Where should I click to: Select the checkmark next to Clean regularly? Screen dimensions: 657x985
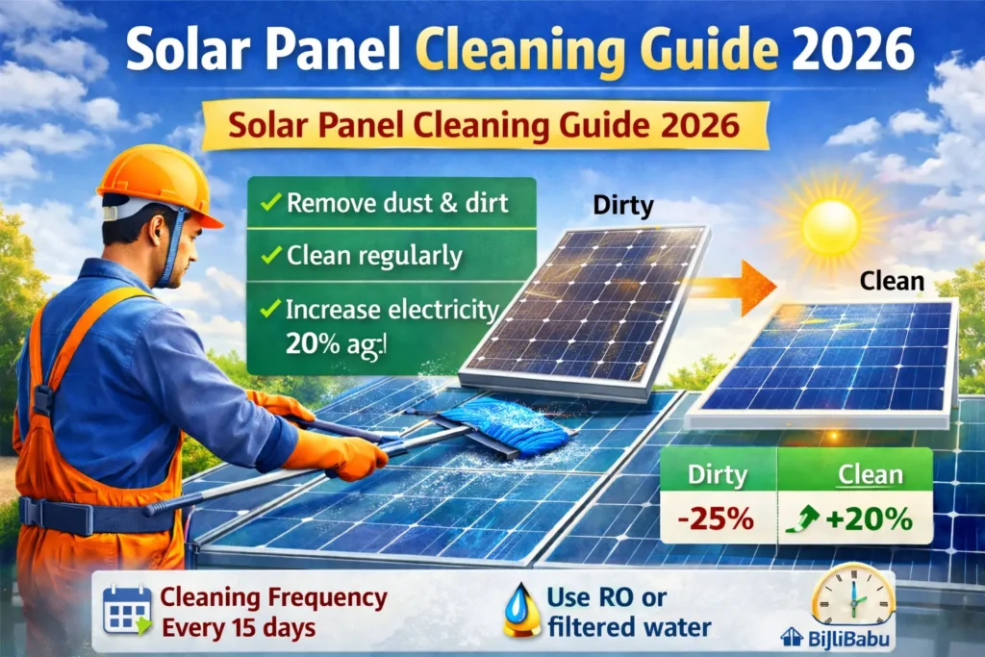coord(270,257)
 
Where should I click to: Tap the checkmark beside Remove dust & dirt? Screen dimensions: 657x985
coord(270,204)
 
